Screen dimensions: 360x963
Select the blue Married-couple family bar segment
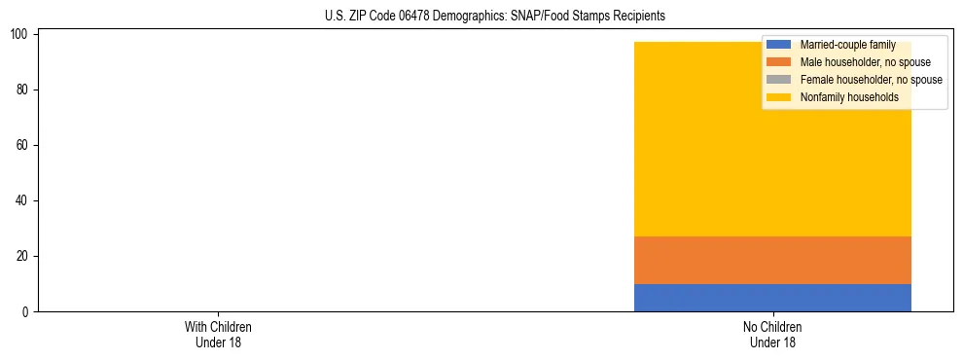772,298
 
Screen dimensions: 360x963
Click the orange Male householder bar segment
772,260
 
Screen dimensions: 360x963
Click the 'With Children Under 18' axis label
218,335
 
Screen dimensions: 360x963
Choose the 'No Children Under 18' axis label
772,335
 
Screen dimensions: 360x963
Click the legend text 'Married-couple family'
847,45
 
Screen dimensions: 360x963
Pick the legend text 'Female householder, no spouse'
871,80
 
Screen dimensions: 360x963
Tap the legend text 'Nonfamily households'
849,97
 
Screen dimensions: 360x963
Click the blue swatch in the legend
779,45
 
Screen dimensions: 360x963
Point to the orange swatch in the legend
779,62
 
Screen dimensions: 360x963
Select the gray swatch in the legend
779,80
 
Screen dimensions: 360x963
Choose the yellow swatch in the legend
779,97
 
